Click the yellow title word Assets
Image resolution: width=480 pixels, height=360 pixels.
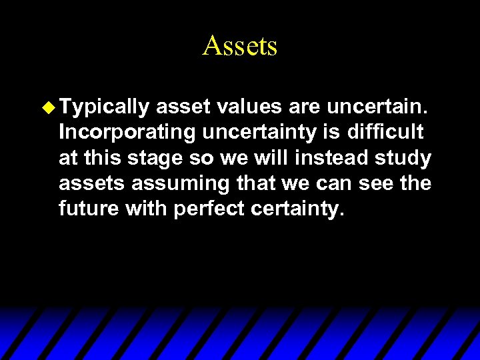point(239,46)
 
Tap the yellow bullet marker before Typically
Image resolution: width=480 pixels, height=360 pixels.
point(49,106)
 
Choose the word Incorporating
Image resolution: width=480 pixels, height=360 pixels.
point(126,133)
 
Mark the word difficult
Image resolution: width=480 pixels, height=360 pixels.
point(385,132)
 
